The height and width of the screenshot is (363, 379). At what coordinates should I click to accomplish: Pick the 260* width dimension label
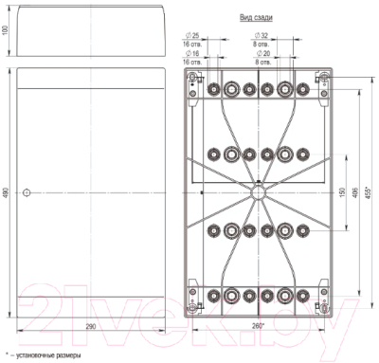tap(257, 326)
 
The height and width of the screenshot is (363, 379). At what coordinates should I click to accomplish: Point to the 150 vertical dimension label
tap(342, 192)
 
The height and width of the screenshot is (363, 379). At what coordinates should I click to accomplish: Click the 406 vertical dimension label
tap(353, 192)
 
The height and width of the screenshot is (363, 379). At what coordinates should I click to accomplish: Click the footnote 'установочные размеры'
tap(45, 355)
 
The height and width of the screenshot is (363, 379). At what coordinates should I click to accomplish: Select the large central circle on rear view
tap(257, 191)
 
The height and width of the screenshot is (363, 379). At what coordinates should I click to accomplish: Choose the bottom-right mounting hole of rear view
tap(321, 304)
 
